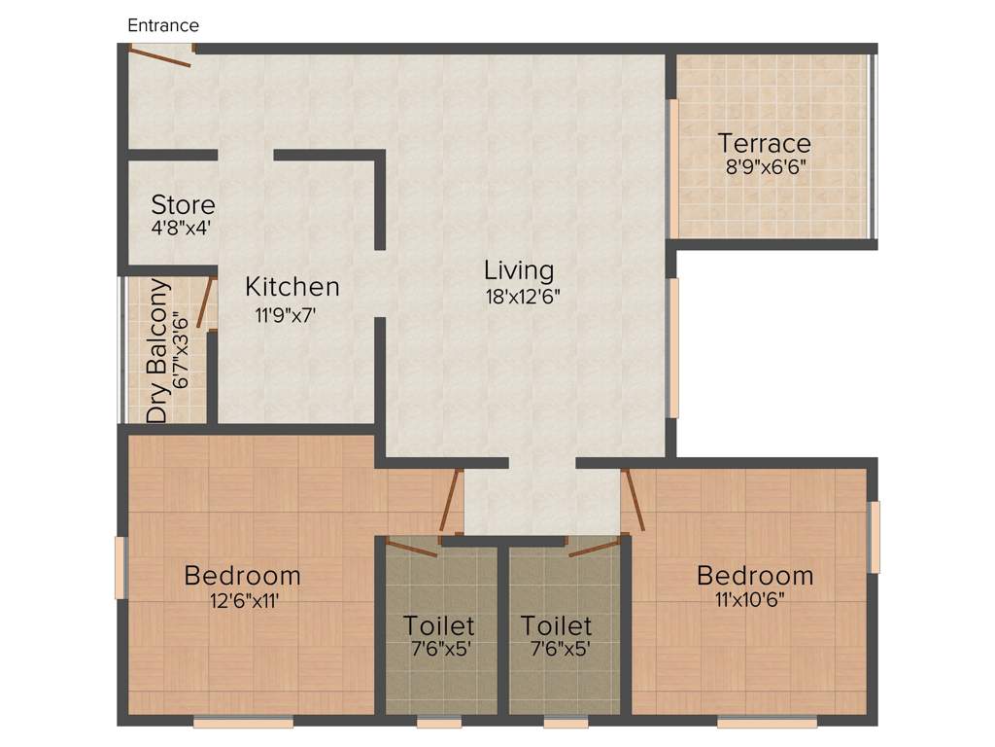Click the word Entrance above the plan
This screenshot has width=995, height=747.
(x=163, y=25)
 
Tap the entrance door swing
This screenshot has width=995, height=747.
(x=161, y=57)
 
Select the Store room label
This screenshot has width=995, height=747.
(x=184, y=205)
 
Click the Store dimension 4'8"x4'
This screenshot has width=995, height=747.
(x=182, y=230)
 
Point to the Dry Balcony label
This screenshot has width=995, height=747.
(x=157, y=352)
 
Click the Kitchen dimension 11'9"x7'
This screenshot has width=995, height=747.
(x=286, y=315)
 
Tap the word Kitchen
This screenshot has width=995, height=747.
(x=292, y=287)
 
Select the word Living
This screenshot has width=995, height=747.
(x=519, y=269)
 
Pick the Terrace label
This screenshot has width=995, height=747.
(x=765, y=142)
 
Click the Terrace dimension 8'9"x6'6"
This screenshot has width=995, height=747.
(x=766, y=166)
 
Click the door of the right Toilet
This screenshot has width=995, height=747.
(x=594, y=548)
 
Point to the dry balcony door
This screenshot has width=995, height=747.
(x=204, y=302)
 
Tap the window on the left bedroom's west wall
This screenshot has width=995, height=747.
(x=121, y=567)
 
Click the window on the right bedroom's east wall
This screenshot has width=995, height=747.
(x=874, y=537)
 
